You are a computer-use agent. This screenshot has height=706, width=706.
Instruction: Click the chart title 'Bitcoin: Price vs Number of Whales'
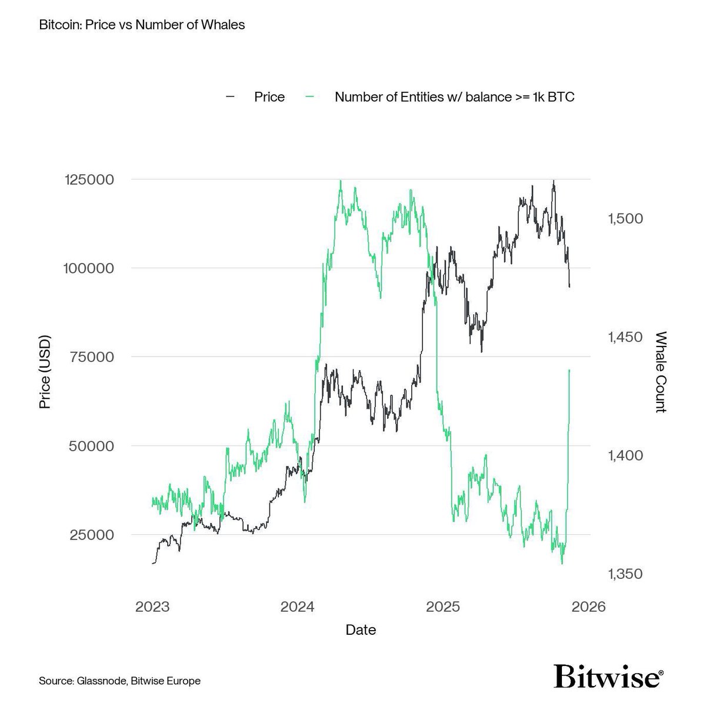pos(141,25)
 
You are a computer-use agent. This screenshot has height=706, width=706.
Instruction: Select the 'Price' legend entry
pos(269,97)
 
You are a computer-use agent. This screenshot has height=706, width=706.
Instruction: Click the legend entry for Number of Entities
pos(454,97)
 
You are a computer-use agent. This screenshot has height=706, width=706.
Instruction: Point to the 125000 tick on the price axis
pos(88,179)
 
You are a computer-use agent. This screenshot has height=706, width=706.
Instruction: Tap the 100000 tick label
pos(88,268)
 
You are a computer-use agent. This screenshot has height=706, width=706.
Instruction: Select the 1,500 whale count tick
pos(624,218)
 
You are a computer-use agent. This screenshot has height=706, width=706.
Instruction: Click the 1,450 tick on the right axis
pos(624,337)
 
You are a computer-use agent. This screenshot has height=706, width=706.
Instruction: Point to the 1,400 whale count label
pos(624,455)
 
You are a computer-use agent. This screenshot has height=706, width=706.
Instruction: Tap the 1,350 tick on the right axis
pos(624,574)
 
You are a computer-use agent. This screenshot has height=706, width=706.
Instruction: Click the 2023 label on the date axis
pos(152,607)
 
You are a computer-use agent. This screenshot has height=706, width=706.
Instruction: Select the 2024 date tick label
pos(298,607)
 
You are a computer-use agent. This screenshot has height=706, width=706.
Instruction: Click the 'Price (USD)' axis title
pos(45,371)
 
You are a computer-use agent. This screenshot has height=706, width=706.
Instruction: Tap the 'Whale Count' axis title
pos(661,371)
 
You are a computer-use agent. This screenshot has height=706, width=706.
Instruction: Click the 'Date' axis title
pos(361,630)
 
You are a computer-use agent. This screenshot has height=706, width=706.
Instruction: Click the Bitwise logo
pos(609,677)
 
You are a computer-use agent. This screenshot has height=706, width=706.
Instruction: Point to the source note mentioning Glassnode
pos(120,681)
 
